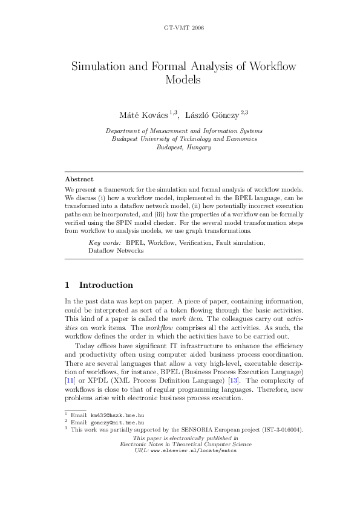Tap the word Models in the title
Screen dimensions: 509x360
(x=183, y=79)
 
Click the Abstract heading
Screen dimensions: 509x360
(x=79, y=180)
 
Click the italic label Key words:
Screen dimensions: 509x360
(x=105, y=242)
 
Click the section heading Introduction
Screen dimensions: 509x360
(x=106, y=285)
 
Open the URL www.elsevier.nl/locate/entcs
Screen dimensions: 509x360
(x=193, y=450)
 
